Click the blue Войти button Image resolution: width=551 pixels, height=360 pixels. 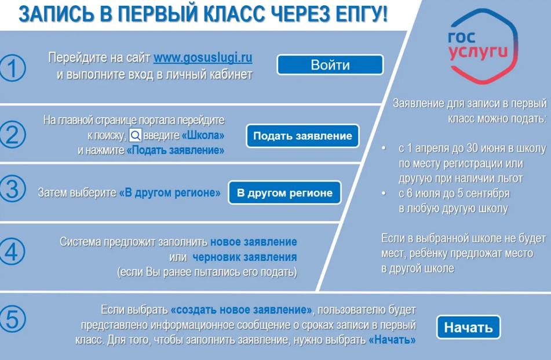point(330,65)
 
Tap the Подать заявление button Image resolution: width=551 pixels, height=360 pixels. point(302,136)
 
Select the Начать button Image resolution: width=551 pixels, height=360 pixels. point(468,328)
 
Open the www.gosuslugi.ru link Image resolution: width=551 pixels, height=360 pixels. point(203,57)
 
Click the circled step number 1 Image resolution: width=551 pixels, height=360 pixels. point(12,68)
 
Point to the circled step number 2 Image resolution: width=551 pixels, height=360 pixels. point(12,134)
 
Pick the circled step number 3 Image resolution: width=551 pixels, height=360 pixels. point(12,189)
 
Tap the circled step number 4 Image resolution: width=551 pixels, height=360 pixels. point(12,252)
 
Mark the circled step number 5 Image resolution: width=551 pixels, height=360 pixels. point(12,319)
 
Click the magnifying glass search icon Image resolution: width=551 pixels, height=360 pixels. point(136,135)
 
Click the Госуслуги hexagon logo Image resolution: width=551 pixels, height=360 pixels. point(483,46)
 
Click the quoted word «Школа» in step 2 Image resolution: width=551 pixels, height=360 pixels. point(203,135)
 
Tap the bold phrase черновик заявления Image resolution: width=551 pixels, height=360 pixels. point(245,257)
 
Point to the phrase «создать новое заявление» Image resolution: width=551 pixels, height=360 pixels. point(242,310)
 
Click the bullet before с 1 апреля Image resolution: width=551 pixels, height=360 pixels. point(384,148)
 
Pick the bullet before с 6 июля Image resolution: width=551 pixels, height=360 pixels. point(384,194)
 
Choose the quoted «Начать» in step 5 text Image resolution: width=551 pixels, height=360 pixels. point(392,340)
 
